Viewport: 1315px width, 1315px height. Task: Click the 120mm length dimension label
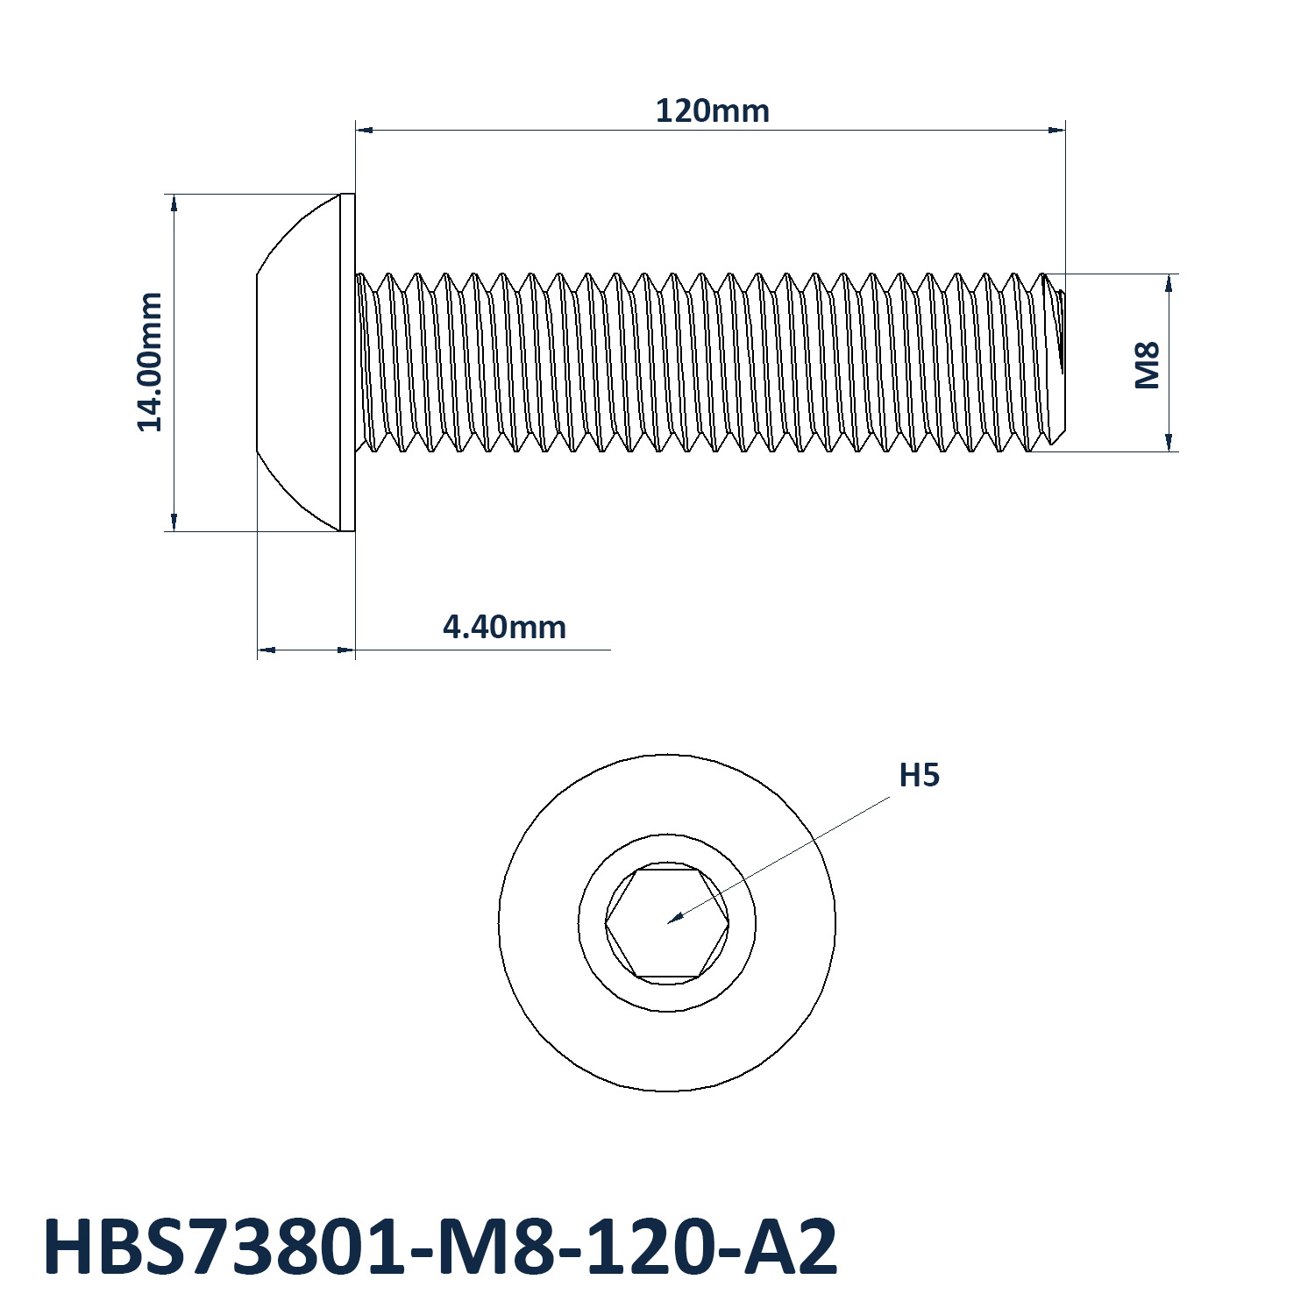point(713,111)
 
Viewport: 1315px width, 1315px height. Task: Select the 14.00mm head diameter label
point(150,362)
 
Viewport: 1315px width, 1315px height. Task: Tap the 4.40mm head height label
point(504,627)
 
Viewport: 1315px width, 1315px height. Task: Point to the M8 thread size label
point(1148,365)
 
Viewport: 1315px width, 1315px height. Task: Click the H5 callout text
point(920,776)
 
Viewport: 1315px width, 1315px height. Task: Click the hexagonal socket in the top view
point(667,923)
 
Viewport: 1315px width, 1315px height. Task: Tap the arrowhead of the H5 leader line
point(674,919)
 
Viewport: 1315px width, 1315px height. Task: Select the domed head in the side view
point(298,362)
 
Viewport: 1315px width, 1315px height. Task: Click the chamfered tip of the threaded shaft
point(1057,363)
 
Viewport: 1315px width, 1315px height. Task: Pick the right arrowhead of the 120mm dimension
point(1057,130)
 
